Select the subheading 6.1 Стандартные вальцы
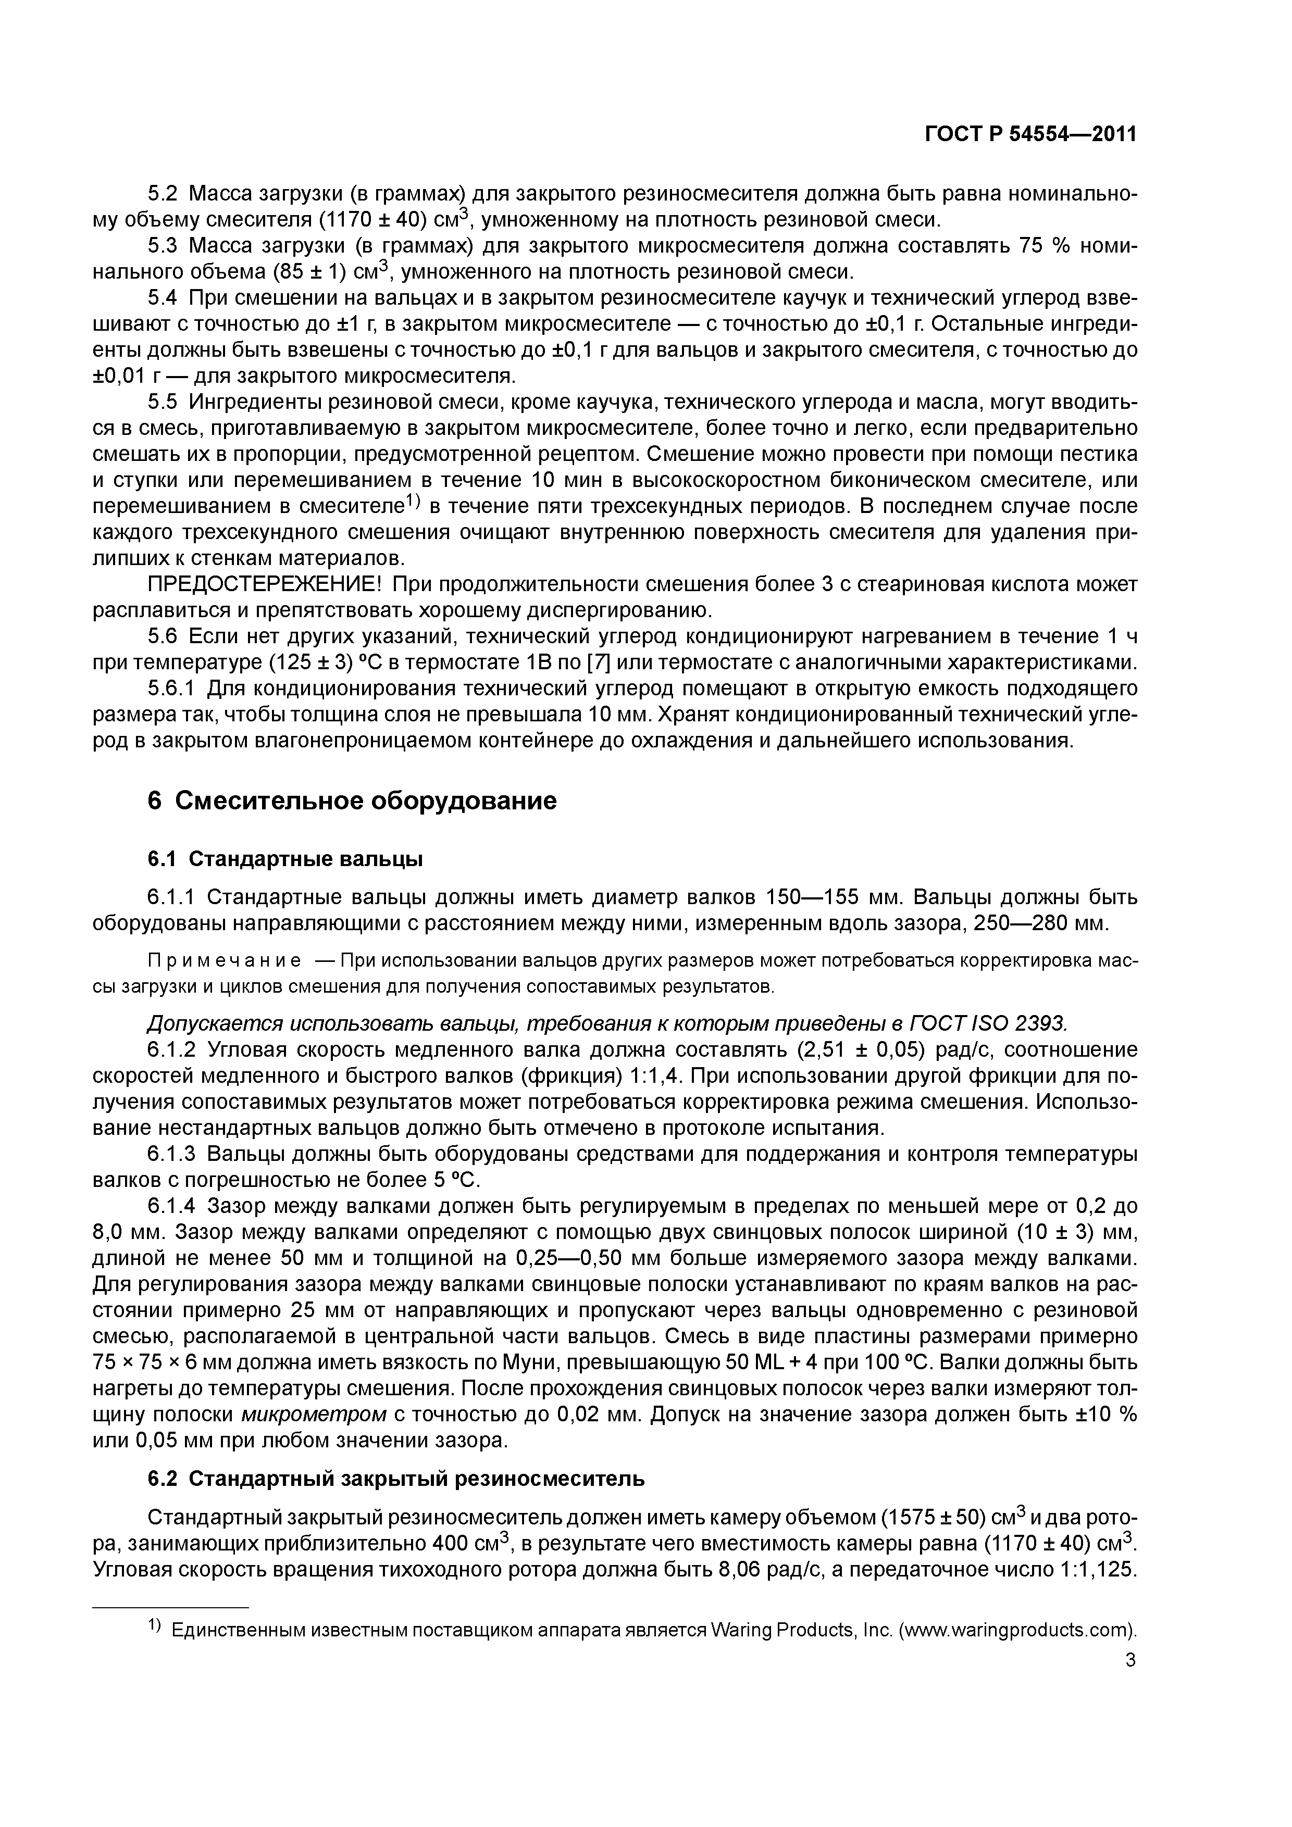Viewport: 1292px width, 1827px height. (x=285, y=859)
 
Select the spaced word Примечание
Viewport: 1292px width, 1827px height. (x=225, y=961)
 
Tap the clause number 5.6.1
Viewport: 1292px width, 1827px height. (x=173, y=689)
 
